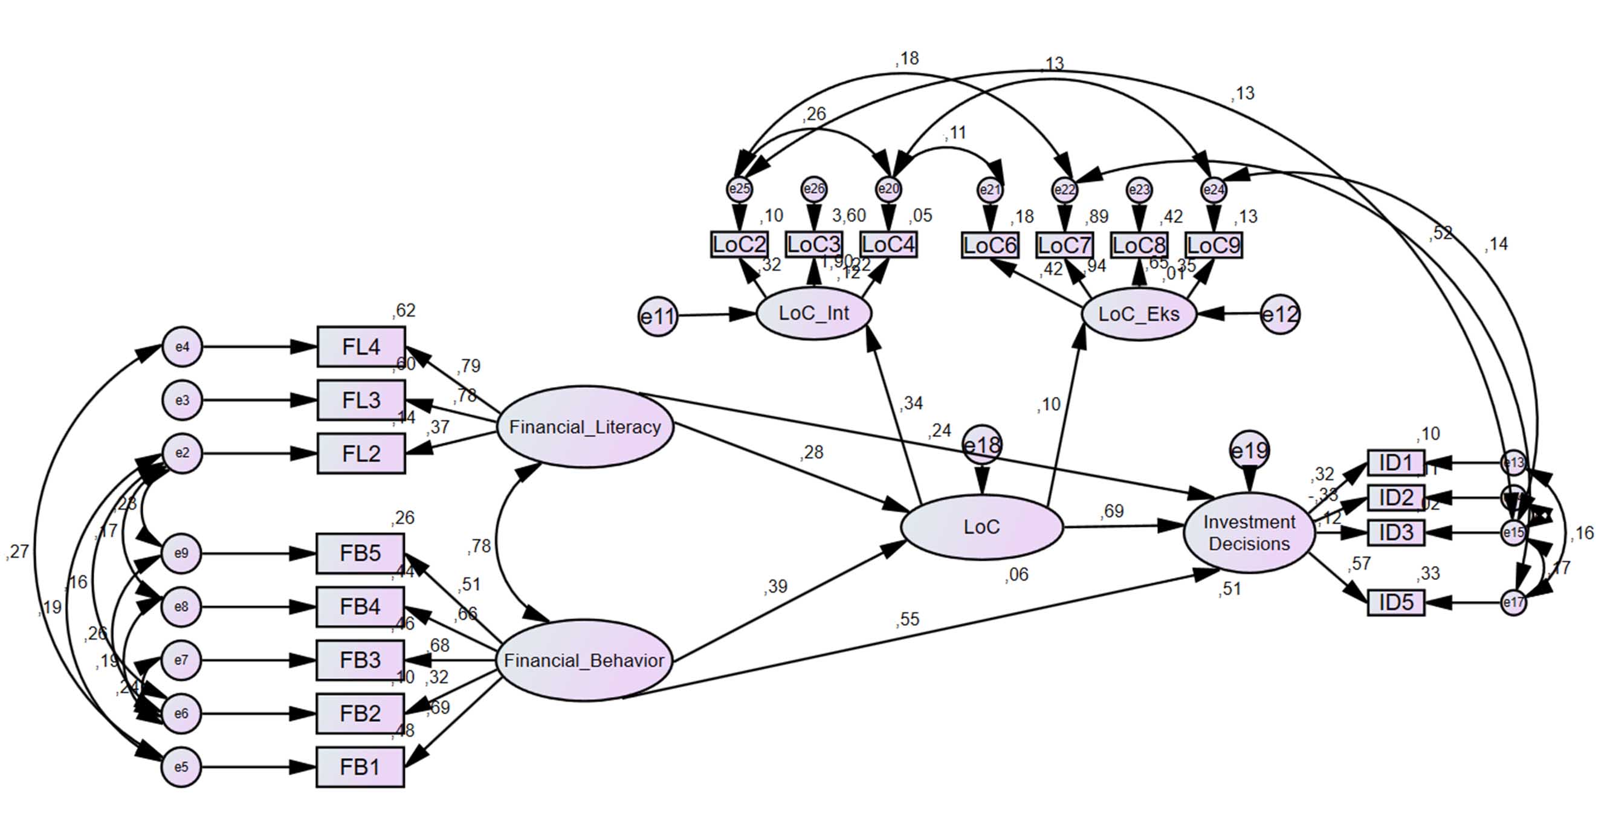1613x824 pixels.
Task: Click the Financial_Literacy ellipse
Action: tap(585, 426)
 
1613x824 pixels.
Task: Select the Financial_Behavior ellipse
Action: tap(584, 660)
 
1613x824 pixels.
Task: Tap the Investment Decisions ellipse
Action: tap(1249, 533)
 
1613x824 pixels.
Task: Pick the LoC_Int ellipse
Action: tap(813, 312)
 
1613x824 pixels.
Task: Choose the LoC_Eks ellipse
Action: tap(1139, 314)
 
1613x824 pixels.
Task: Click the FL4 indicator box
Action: tap(361, 346)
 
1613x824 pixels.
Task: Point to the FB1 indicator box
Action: tap(360, 767)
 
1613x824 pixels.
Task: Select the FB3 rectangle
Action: tap(360, 660)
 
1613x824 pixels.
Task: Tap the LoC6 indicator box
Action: tap(989, 245)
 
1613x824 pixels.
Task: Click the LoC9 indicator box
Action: tap(1214, 245)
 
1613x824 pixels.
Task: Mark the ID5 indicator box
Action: tap(1395, 602)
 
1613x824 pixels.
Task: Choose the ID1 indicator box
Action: tap(1395, 463)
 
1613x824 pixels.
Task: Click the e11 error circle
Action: tap(658, 316)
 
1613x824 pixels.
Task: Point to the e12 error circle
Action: tap(1280, 314)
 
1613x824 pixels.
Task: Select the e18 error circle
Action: tap(982, 445)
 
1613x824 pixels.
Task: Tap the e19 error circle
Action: tap(1249, 450)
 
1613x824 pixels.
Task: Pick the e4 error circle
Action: tap(183, 346)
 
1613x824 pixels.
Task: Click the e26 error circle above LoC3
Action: tap(813, 188)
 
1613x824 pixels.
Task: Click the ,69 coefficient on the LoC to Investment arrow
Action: tap(1112, 512)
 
